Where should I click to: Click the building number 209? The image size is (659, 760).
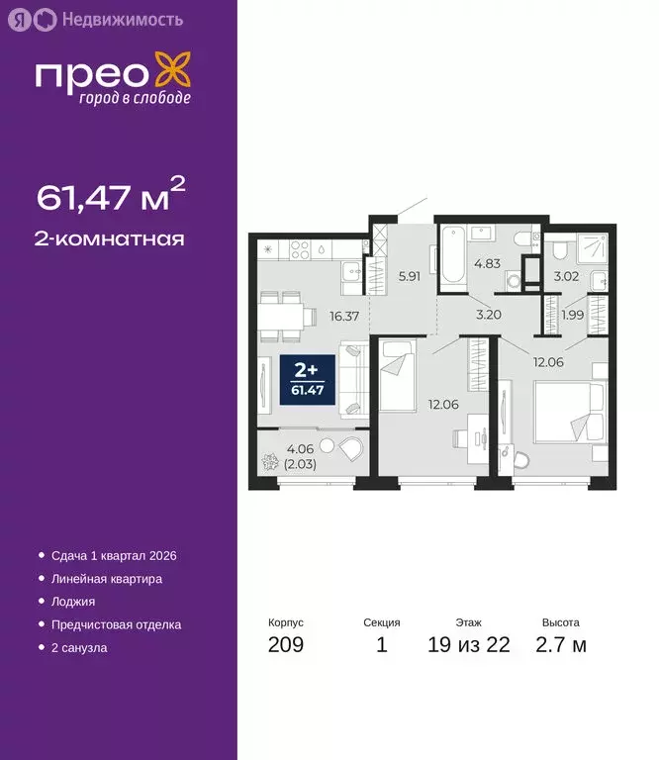pyautogui.click(x=286, y=645)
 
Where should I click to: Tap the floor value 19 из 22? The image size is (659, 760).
pyautogui.click(x=469, y=645)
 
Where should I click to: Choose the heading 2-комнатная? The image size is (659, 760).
pyautogui.click(x=111, y=237)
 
